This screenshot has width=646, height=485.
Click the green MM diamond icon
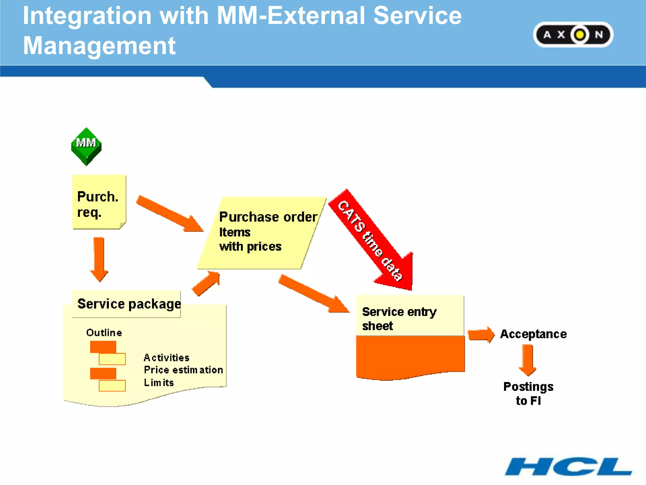tap(86, 146)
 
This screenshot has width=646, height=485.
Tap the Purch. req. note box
tap(99, 202)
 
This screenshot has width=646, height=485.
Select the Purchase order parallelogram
tap(262, 233)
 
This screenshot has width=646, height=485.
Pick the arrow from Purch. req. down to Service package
tap(99, 259)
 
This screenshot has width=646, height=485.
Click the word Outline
tap(104, 332)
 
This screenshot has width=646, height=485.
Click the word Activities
tap(166, 357)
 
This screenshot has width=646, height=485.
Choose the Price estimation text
tap(183, 370)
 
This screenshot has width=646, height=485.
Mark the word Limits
tap(159, 382)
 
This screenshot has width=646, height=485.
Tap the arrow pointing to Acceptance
tap(481, 334)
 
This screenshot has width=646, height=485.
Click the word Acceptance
tap(533, 334)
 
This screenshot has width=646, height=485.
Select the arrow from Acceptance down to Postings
tap(527, 360)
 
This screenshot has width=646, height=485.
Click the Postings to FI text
tap(528, 393)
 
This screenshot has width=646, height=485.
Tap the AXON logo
tap(573, 34)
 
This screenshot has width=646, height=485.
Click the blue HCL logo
tap(568, 466)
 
